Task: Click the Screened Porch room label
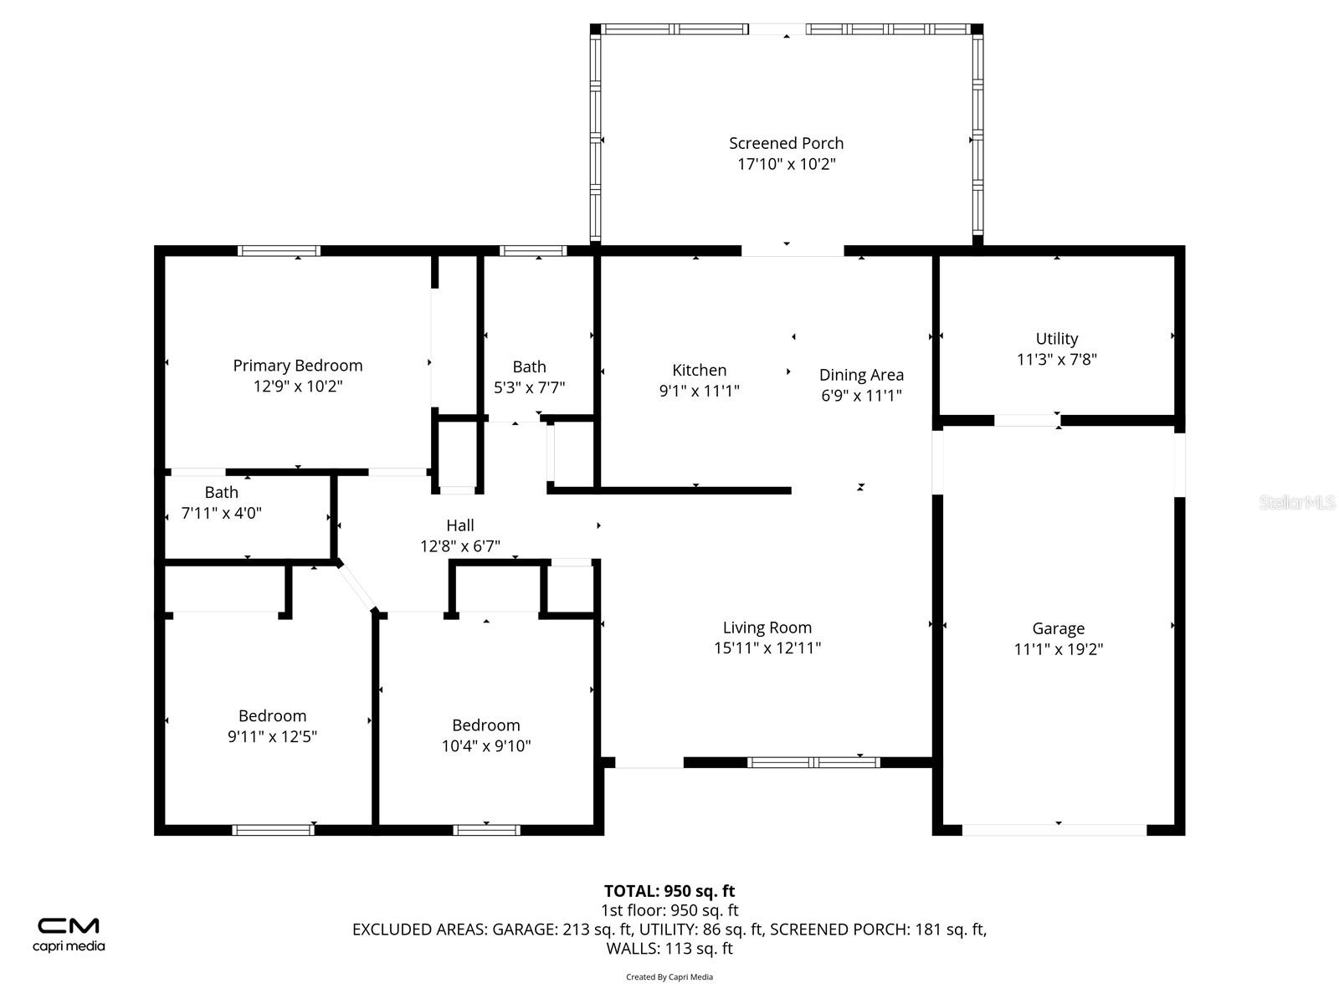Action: pyautogui.click(x=786, y=143)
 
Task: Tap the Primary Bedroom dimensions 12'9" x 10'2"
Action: pyautogui.click(x=298, y=386)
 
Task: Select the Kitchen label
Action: pyautogui.click(x=699, y=370)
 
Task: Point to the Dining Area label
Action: pyautogui.click(x=861, y=375)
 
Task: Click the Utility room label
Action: pyautogui.click(x=1056, y=338)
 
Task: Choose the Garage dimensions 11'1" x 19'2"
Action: pyautogui.click(x=1058, y=648)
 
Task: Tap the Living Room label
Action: pyautogui.click(x=767, y=627)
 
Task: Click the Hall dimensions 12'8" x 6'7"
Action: pyautogui.click(x=459, y=546)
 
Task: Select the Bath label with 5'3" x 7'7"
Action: pyautogui.click(x=529, y=366)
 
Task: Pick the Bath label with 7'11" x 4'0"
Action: pyautogui.click(x=221, y=492)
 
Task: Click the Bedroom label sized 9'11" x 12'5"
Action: pyautogui.click(x=272, y=715)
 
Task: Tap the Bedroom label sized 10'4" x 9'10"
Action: pyautogui.click(x=485, y=725)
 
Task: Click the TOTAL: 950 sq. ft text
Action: pyautogui.click(x=669, y=891)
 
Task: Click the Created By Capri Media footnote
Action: pyautogui.click(x=669, y=976)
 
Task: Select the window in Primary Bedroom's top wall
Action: pyautogui.click(x=279, y=250)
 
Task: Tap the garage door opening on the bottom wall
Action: pyautogui.click(x=1054, y=830)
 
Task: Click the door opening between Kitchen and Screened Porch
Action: pyautogui.click(x=792, y=250)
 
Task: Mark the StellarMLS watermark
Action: pyautogui.click(x=1298, y=503)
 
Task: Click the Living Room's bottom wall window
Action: pyautogui.click(x=813, y=762)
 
